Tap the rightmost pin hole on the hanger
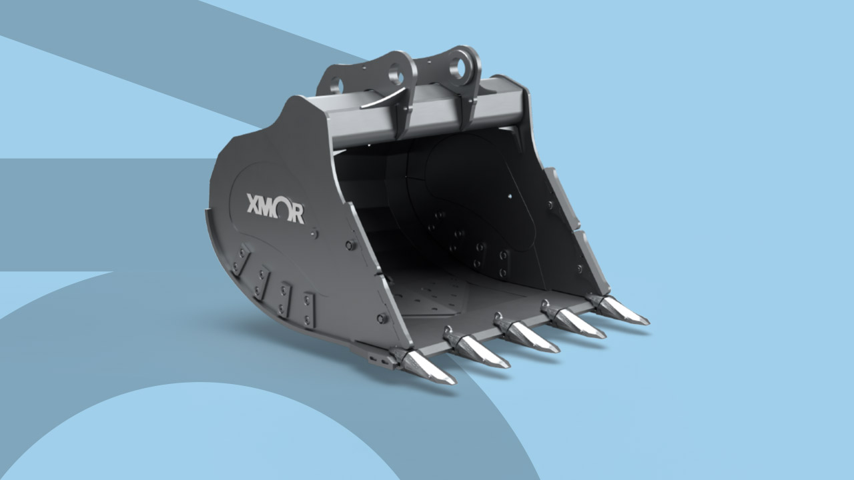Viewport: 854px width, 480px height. pos(458,67)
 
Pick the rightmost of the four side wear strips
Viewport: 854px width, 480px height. pos(308,309)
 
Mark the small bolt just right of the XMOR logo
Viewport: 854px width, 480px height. pos(315,233)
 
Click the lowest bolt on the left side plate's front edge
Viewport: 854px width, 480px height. pos(382,319)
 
